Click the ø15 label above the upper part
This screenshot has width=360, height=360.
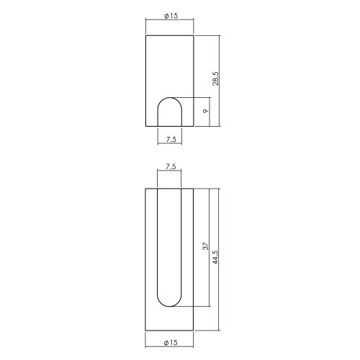[171, 16]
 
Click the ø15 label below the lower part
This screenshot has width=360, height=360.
[171, 343]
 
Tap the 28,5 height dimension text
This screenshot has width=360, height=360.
[215, 78]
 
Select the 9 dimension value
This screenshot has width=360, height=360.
[205, 111]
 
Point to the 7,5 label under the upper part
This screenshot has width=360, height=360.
[171, 139]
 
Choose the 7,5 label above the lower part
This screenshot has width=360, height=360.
[171, 166]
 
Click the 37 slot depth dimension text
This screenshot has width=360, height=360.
[206, 246]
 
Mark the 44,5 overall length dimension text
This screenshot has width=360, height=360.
[215, 257]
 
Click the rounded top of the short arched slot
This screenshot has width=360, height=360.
[170, 98]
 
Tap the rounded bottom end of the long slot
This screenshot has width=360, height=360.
[169, 306]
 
